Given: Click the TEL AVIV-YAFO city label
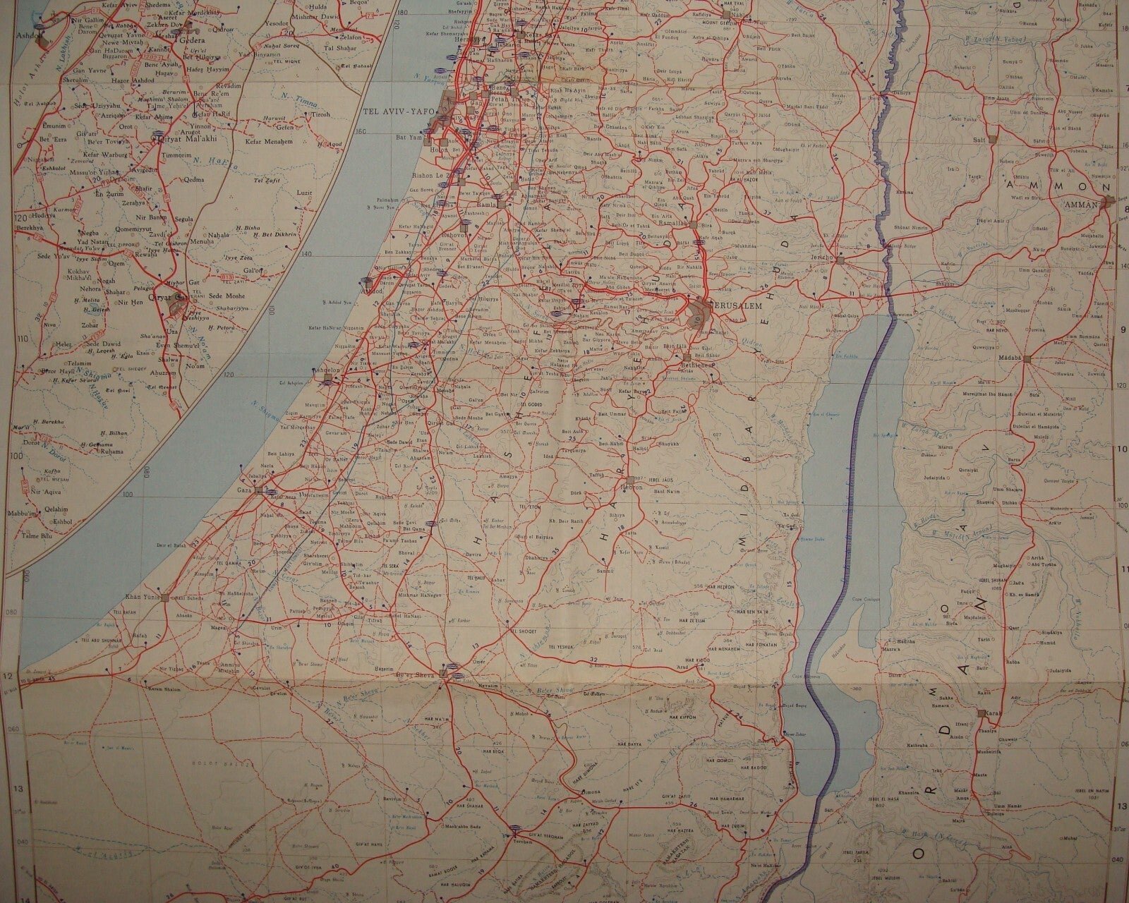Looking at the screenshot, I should click(x=399, y=111).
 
